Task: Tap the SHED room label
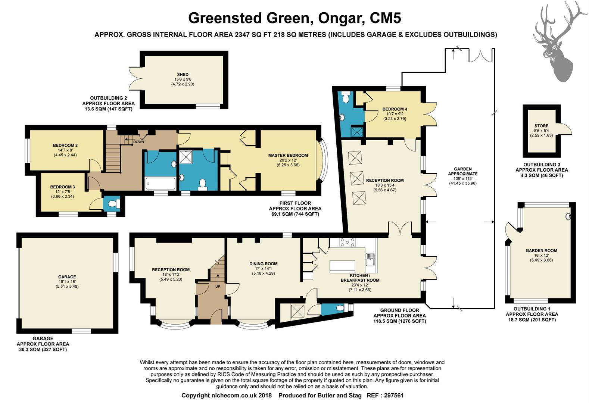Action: [183, 74]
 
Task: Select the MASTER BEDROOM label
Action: [288, 155]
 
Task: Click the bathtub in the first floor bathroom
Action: [160, 184]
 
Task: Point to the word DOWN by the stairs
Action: [138, 142]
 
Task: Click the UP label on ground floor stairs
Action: [218, 287]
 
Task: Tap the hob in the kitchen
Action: [348, 243]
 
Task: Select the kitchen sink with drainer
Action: [370, 259]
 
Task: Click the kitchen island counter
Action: [342, 266]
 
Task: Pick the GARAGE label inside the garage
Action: [67, 277]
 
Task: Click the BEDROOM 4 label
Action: [395, 109]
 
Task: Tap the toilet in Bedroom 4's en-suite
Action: [346, 97]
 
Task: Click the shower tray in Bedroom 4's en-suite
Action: [357, 132]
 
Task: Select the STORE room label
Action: [541, 126]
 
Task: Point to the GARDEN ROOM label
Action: [541, 250]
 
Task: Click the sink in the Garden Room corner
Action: [568, 216]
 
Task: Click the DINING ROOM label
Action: [263, 264]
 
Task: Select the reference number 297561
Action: [394, 396]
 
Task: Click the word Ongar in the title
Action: [340, 18]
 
